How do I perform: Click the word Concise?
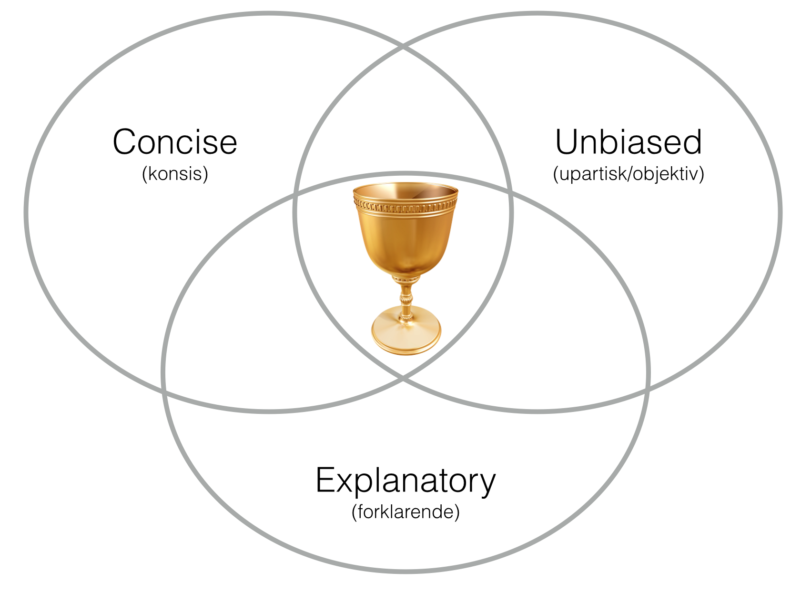point(175,142)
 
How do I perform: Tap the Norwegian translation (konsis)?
point(175,174)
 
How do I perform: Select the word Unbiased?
point(629,142)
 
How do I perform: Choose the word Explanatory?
point(405,481)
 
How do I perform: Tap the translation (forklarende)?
point(405,512)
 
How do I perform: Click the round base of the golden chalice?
point(406,333)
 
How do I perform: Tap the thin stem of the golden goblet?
point(406,298)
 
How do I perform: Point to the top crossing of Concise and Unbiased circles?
point(403,47)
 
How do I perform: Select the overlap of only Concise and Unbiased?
point(403,119)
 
